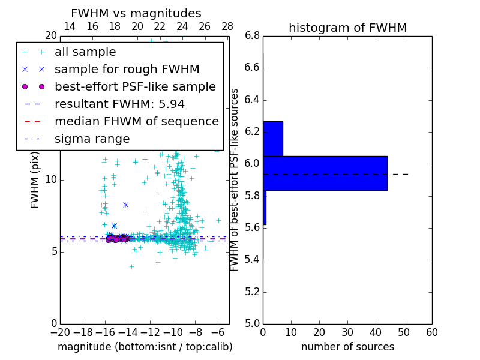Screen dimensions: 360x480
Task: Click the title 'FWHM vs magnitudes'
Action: pos(136,13)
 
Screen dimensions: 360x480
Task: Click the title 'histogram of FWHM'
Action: pos(347,28)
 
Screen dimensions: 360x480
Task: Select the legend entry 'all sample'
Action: pos(85,52)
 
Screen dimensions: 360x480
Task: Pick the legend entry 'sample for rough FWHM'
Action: pos(127,69)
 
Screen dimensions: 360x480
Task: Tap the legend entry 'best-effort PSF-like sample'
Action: pos(135,86)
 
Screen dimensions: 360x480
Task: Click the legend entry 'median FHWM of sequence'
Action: pos(136,121)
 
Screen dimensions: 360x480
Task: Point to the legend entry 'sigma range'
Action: pos(92,139)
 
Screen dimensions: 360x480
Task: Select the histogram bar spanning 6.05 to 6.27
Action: pos(272,139)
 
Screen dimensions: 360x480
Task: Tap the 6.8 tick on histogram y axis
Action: pos(252,35)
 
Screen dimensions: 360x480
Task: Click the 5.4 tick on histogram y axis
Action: pos(252,260)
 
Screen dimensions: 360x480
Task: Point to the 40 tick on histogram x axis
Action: pos(376,332)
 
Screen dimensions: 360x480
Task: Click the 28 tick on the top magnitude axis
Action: pos(227,26)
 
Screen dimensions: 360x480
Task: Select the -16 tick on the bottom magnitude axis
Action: pos(105,332)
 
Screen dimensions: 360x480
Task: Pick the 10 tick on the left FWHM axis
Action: pos(51,180)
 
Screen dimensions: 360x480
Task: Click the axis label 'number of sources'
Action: pos(347,347)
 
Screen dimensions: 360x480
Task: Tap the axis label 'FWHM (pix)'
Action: pos(35,183)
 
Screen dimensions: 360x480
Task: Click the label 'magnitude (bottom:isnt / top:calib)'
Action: pos(145,347)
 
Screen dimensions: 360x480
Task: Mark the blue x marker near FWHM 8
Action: pos(125,205)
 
